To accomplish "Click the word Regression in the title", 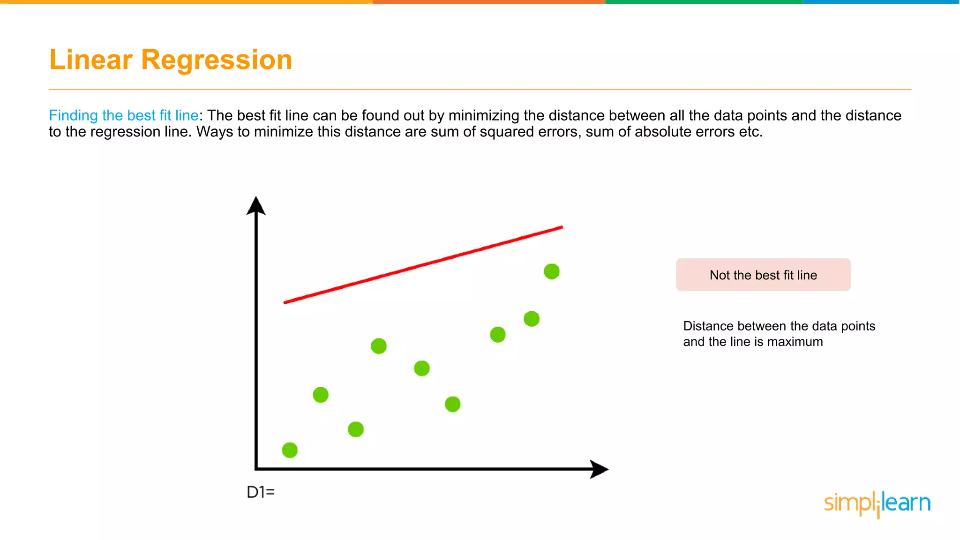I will point(217,60).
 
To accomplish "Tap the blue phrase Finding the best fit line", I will point(124,115).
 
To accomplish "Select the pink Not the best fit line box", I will point(763,275).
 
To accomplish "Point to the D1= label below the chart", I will point(261,492).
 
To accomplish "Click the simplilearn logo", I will point(877,503).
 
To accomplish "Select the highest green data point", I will point(552,271).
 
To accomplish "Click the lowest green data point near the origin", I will point(290,450).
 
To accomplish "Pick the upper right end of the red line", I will point(561,228).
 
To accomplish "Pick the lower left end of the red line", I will point(285,302).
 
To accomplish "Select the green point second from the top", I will point(532,319).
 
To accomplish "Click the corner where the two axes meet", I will point(256,468).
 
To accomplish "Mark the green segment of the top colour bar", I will point(703,2).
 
